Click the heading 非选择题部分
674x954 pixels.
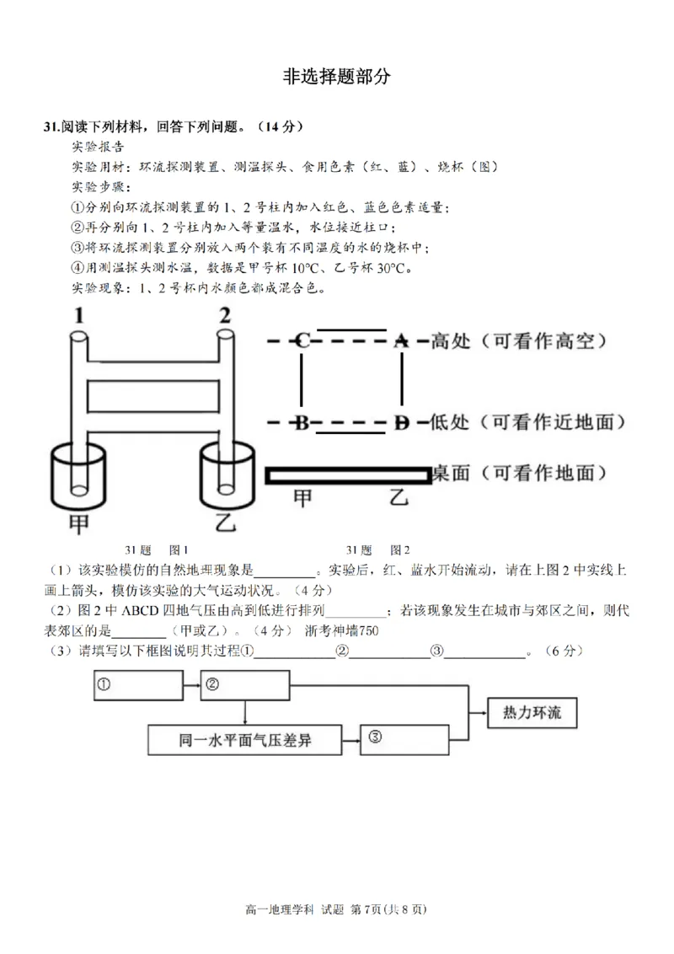tap(337, 76)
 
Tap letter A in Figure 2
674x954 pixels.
tap(403, 341)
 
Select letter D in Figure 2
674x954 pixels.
tap(403, 422)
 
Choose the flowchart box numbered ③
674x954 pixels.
tap(403, 739)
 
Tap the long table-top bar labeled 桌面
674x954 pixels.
tap(348, 474)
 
